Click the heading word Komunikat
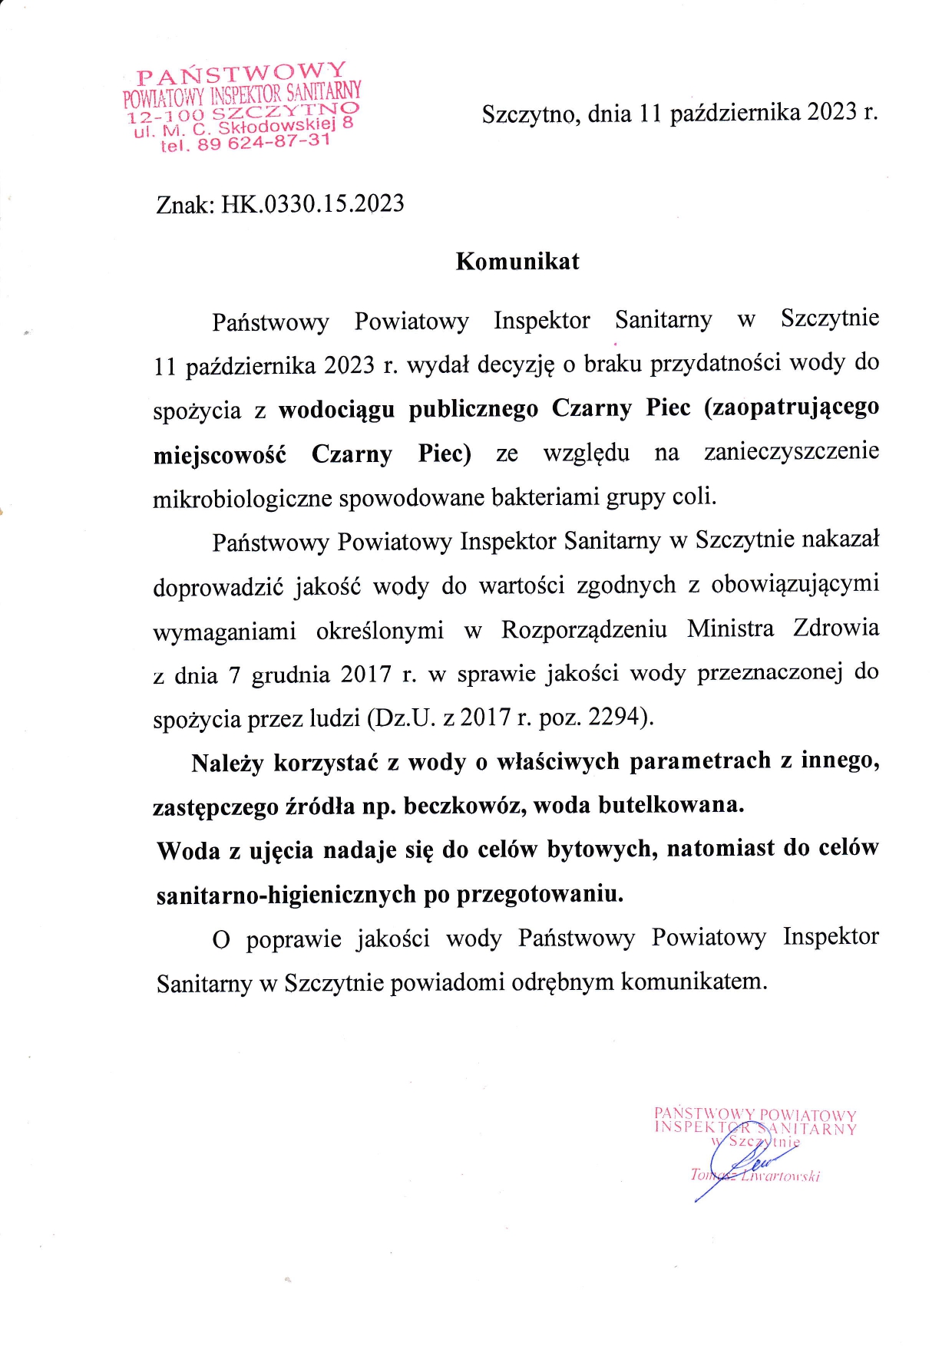tap(517, 262)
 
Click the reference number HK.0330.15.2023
tap(312, 204)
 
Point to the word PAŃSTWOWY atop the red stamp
tap(242, 73)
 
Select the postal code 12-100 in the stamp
tap(166, 117)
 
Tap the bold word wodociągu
tap(336, 409)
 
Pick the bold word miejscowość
tap(220, 455)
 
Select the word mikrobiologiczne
tap(243, 499)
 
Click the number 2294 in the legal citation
tap(617, 717)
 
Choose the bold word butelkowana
tap(670, 805)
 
